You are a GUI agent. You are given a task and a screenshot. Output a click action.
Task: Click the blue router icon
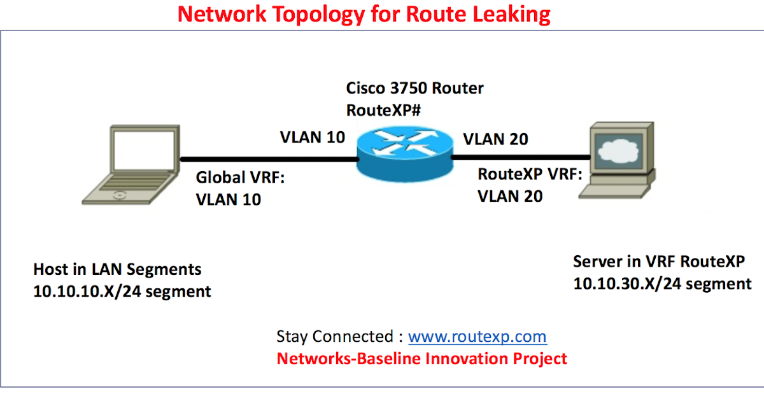405,154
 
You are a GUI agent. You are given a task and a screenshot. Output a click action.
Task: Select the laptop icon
131,165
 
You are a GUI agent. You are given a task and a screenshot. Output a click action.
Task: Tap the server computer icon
617,160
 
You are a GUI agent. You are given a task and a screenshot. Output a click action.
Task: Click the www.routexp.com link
478,337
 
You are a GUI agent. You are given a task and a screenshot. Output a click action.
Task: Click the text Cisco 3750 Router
414,88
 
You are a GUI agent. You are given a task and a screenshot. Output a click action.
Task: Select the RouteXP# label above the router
383,110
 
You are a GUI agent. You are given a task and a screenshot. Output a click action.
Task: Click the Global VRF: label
240,178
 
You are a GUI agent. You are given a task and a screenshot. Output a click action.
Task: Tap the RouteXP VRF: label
530,174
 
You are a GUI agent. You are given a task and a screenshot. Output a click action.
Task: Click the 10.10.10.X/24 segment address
122,292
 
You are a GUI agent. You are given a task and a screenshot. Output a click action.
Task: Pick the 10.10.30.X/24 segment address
662,284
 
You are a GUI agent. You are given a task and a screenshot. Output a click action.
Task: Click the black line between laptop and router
269,159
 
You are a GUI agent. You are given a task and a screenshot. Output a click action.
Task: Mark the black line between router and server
521,157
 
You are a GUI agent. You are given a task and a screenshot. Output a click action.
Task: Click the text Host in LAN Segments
117,269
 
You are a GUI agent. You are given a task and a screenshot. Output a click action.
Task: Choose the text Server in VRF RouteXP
659,262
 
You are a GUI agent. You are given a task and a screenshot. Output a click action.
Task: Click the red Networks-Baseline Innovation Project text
421,359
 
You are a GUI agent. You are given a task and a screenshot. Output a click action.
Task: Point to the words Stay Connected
335,337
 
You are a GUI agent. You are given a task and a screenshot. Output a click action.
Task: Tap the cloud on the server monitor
618,150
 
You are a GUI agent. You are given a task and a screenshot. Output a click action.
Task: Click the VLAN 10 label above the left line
313,137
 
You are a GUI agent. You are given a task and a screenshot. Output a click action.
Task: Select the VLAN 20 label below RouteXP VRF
510,196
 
